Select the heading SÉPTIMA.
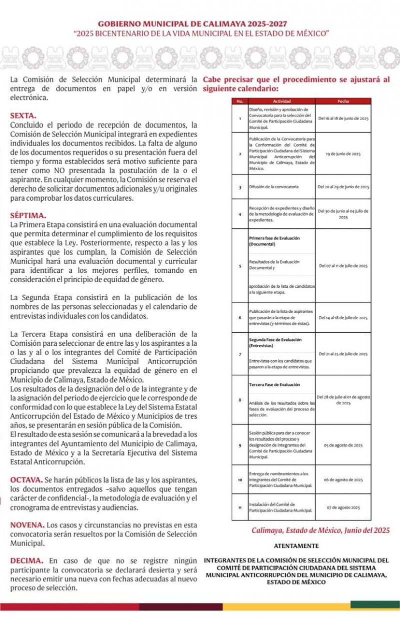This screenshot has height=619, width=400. click(28, 216)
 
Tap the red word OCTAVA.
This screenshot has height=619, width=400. click(26, 480)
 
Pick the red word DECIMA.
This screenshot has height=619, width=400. click(26, 561)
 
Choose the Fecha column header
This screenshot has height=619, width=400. click(343, 101)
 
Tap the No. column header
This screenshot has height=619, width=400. click(239, 101)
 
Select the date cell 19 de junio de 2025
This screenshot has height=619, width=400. click(343, 154)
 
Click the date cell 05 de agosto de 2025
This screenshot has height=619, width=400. click(343, 445)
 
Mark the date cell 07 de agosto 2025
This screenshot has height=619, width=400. click(343, 507)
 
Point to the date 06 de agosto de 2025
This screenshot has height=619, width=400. click(343, 479)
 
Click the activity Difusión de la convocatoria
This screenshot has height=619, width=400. click(273, 187)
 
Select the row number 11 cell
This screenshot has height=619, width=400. click(240, 507)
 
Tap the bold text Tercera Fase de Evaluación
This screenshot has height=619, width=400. click(274, 384)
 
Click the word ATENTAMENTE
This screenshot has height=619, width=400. click(296, 546)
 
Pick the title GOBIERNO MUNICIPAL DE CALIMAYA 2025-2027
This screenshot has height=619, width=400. click(200, 24)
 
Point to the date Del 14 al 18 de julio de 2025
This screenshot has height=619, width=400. click(343, 318)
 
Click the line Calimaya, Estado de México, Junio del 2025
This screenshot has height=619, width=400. click(320, 530)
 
